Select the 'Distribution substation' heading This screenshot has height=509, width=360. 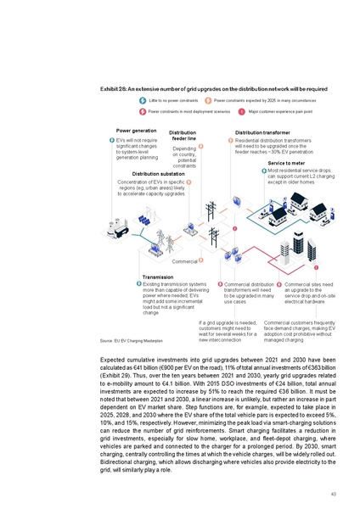pos(143,174)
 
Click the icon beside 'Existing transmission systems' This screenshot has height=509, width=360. pos(139,283)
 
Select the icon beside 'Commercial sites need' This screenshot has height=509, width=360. pos(279,283)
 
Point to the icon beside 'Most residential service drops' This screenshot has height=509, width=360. pos(263,170)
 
